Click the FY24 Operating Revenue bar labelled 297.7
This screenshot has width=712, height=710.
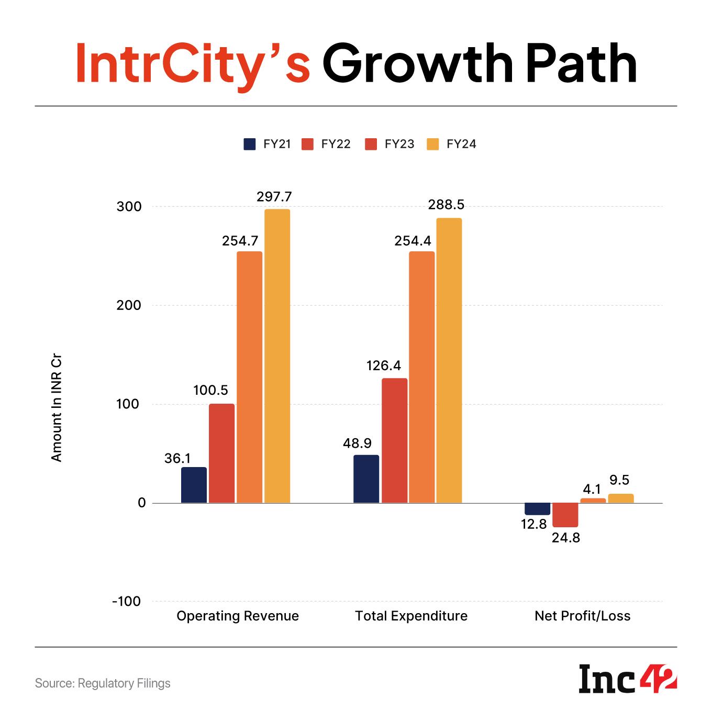(277, 356)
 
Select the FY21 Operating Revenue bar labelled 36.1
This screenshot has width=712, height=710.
(194, 485)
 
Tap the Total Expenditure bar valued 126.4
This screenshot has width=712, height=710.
(394, 440)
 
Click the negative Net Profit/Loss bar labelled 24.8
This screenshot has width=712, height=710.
(565, 515)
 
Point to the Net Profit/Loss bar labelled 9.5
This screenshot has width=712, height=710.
(620, 498)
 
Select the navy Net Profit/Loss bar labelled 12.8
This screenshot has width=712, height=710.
(537, 509)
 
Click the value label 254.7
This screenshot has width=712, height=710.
(240, 241)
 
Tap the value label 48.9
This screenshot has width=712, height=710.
(357, 443)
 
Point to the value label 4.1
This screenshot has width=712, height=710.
(592, 489)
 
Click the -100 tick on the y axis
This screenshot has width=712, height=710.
(126, 602)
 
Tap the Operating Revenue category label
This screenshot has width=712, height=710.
(238, 616)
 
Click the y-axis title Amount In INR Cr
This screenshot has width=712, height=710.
(57, 410)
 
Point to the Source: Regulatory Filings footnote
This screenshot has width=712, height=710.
(103, 683)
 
